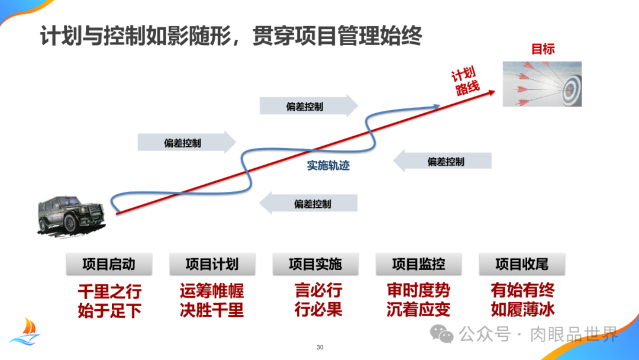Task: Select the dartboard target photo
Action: point(542,84)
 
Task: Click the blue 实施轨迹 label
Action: point(328,166)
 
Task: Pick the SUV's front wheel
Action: point(70,223)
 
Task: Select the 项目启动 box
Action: point(109,264)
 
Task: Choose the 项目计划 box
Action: point(212,264)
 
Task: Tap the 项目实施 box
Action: point(315,264)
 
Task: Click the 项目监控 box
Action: point(418,264)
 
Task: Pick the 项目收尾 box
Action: point(522,264)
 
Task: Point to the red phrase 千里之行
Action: point(109,291)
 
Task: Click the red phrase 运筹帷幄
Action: point(212,291)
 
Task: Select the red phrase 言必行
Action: point(318,291)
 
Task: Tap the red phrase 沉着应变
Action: point(418,310)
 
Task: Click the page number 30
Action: point(320,347)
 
